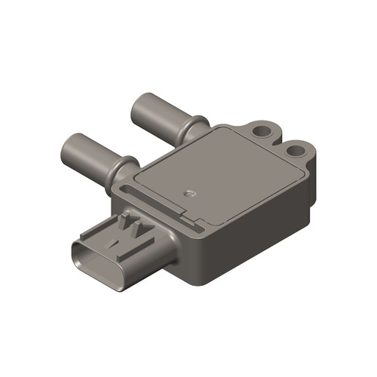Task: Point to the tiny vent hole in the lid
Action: click(x=191, y=194)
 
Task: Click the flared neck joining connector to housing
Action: click(x=162, y=245)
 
